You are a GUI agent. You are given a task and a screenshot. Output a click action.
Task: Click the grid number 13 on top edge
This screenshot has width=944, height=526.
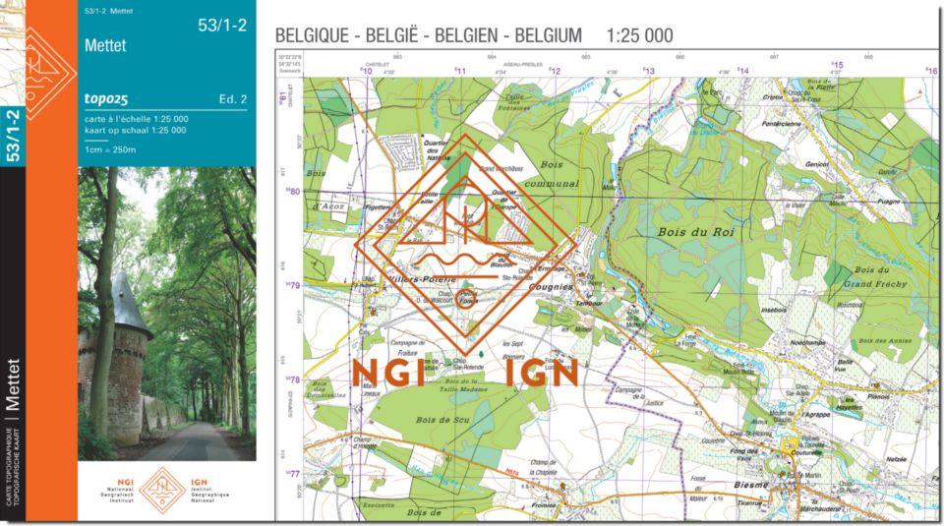click(x=649, y=71)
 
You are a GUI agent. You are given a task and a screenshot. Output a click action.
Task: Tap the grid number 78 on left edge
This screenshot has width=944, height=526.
click(x=293, y=379)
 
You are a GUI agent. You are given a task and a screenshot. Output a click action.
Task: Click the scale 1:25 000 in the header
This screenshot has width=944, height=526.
click(x=640, y=35)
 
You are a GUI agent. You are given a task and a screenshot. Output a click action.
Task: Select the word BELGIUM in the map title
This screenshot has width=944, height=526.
click(x=547, y=35)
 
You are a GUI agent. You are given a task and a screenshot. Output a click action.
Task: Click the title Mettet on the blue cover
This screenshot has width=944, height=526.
click(x=105, y=45)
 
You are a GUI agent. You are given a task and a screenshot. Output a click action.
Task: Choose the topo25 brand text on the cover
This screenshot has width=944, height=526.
click(x=107, y=98)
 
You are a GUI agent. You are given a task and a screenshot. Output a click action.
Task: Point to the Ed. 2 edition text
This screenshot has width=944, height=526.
click(x=232, y=98)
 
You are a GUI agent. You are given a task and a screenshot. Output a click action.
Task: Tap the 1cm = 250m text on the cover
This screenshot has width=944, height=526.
click(x=110, y=149)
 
